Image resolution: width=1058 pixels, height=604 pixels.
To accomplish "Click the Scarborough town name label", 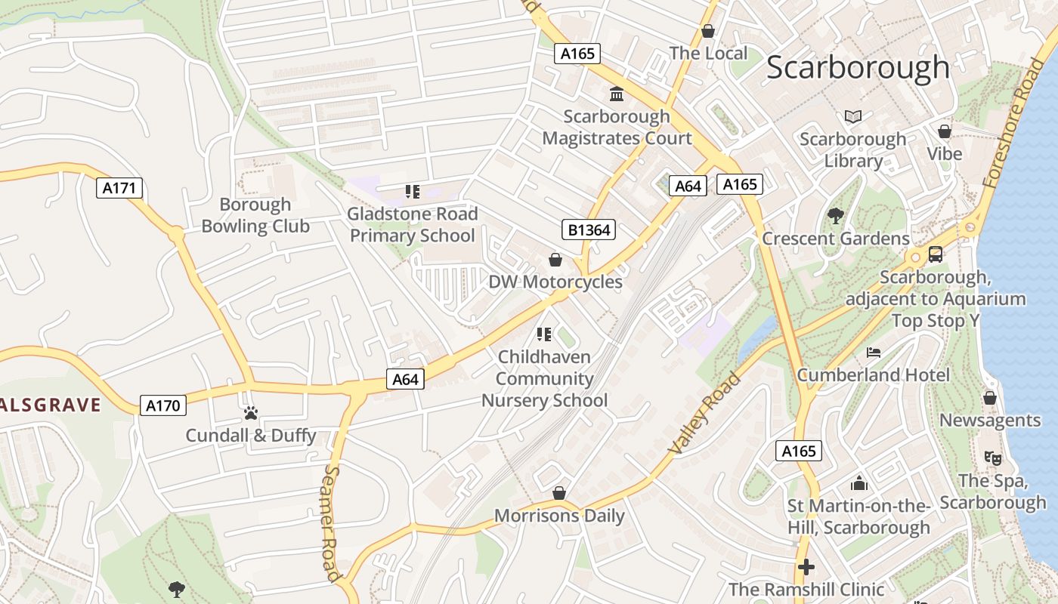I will click(x=858, y=68).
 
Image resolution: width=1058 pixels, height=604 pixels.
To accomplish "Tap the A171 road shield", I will click(x=119, y=188).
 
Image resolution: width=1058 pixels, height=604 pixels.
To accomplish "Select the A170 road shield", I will click(x=162, y=405).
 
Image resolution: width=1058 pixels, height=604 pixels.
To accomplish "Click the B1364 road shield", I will click(x=589, y=230).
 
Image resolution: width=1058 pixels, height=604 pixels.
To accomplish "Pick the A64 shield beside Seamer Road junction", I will click(x=405, y=379).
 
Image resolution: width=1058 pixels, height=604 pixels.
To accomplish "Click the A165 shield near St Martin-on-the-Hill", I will click(x=798, y=451).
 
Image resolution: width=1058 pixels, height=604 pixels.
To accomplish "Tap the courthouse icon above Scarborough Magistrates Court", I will click(x=617, y=94).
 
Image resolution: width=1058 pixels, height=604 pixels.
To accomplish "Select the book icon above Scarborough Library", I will click(x=853, y=116).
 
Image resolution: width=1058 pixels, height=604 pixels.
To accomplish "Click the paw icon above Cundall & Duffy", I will click(x=251, y=413).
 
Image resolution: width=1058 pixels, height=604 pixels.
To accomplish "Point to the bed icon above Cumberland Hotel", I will click(x=874, y=353).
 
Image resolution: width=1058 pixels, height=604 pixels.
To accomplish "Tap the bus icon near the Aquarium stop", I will click(x=936, y=254).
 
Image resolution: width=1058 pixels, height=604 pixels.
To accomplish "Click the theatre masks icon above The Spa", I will click(x=993, y=458).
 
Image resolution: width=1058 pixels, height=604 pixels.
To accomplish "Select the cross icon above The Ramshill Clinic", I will click(x=806, y=566).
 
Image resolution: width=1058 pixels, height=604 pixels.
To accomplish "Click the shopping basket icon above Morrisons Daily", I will click(x=559, y=493).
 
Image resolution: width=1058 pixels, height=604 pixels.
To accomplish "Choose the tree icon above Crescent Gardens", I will click(x=835, y=216).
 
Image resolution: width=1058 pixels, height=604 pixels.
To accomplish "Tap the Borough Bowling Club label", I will click(x=255, y=215).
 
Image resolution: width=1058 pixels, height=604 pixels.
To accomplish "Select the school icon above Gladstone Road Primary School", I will click(x=413, y=192).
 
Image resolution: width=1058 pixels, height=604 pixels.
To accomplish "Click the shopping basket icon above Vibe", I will click(x=945, y=131).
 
